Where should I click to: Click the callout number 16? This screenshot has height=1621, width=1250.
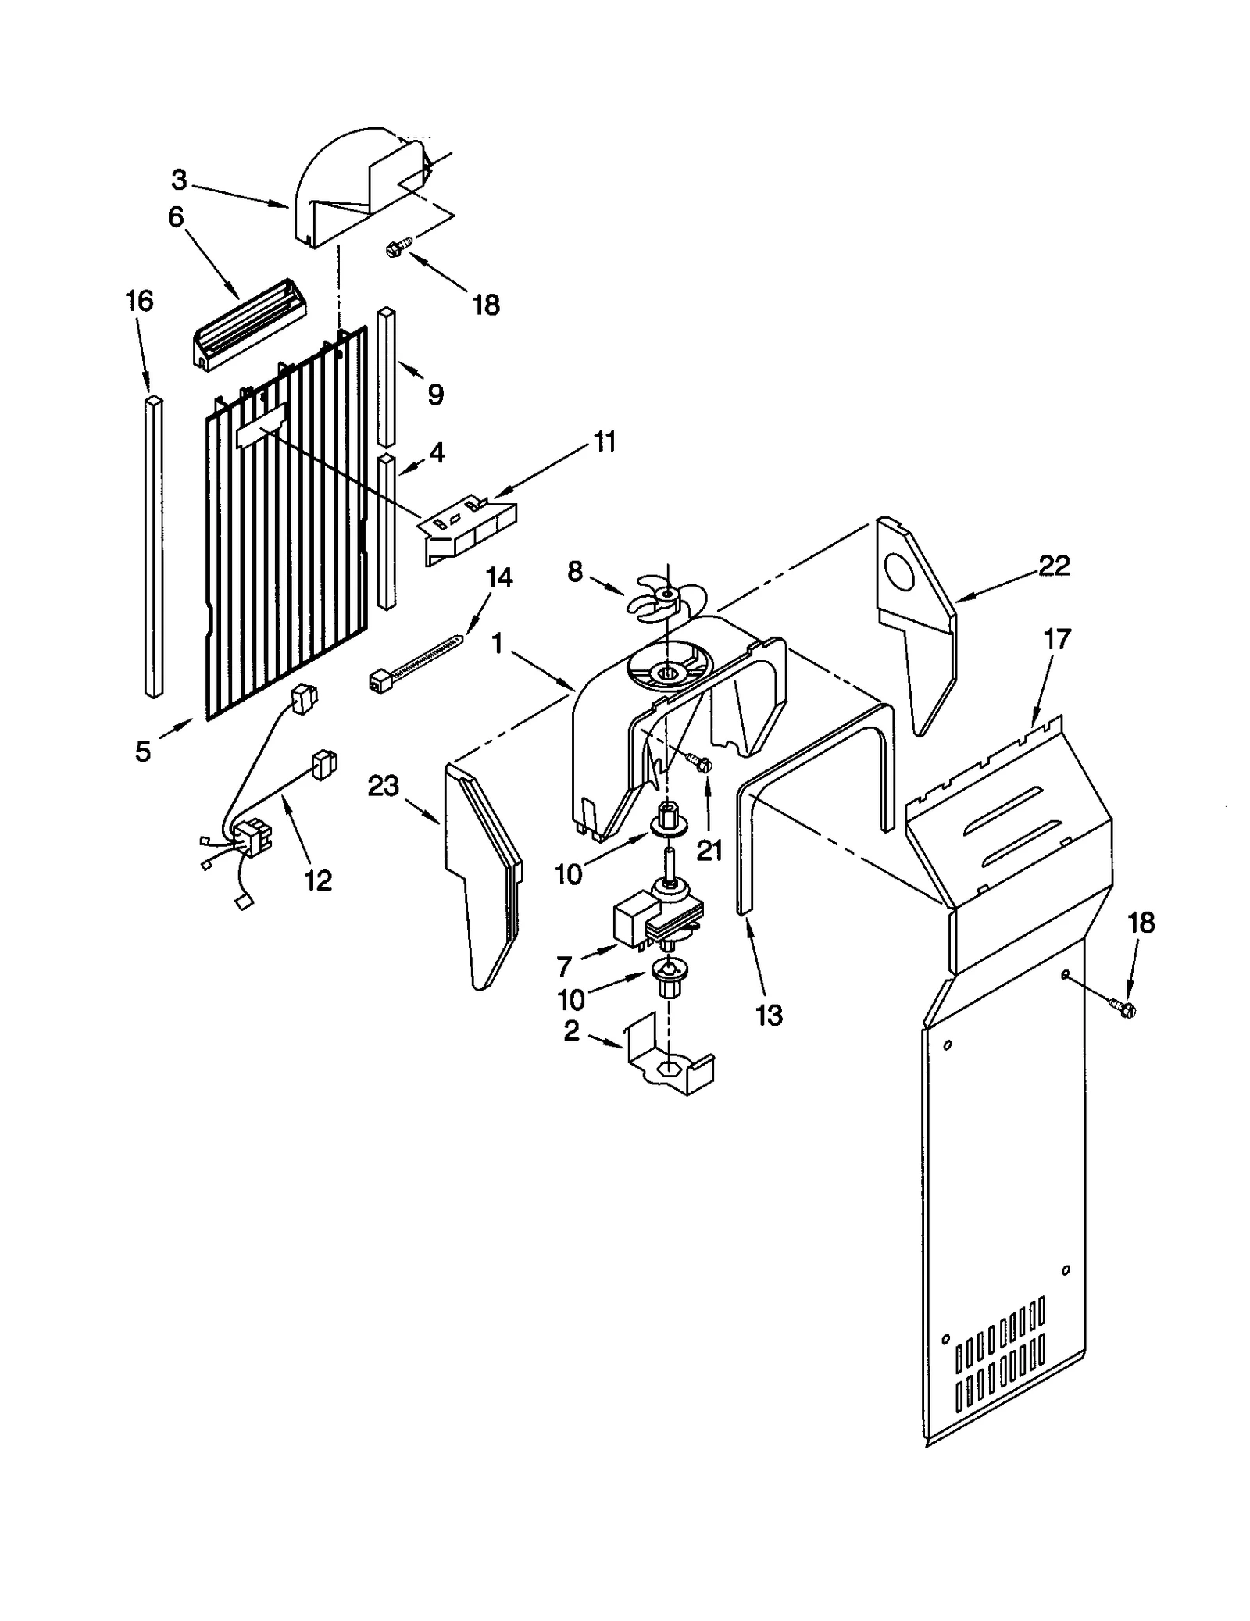(x=140, y=302)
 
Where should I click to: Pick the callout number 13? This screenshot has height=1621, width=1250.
(x=769, y=1016)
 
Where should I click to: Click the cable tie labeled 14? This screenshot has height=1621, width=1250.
(x=414, y=666)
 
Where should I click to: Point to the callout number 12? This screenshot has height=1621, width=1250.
(x=318, y=880)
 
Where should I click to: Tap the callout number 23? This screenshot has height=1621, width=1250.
(x=383, y=786)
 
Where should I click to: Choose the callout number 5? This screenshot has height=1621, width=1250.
(x=143, y=752)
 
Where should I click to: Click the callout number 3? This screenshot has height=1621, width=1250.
(x=180, y=180)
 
